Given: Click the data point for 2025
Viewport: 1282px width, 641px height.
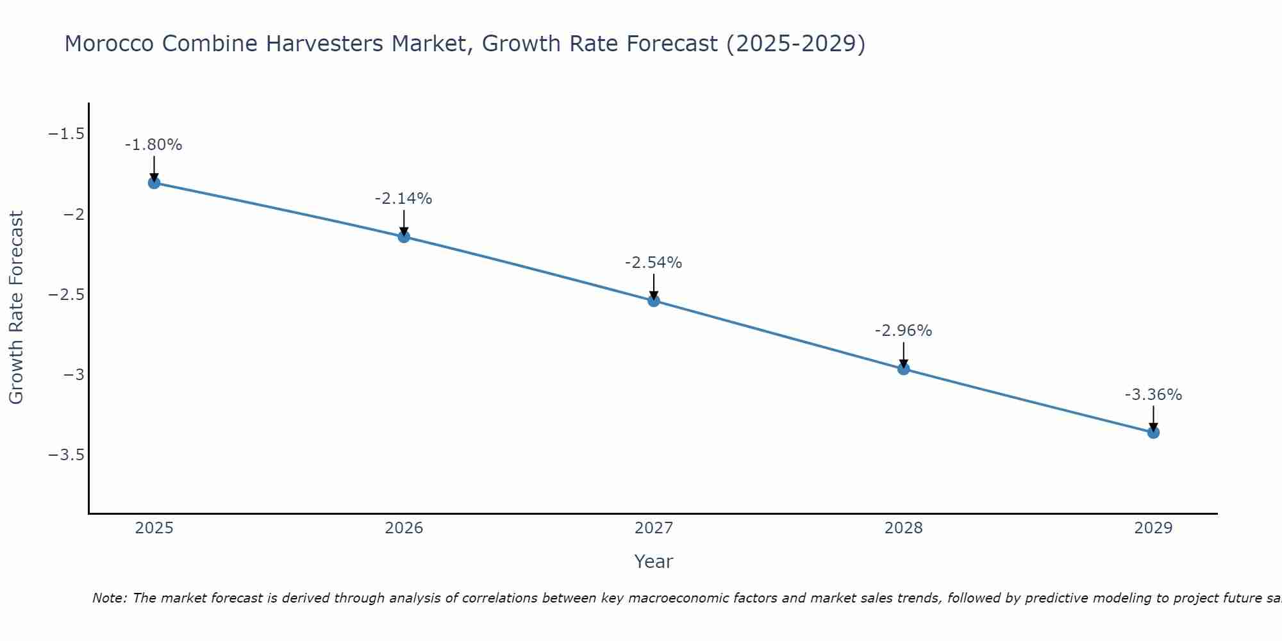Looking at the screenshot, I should [x=154, y=183].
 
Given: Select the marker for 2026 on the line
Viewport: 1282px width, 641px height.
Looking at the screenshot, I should [x=404, y=237].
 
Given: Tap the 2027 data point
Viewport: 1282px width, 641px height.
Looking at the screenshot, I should [x=654, y=301].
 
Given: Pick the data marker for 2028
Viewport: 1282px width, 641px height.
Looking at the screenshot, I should [x=904, y=369].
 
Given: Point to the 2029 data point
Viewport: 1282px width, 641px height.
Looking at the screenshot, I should [x=1153, y=433].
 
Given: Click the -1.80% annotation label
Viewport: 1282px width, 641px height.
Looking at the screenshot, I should [x=154, y=145].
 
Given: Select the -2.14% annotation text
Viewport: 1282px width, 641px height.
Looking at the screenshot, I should [x=404, y=199].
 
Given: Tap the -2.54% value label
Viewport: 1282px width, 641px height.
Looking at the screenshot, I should [x=654, y=263].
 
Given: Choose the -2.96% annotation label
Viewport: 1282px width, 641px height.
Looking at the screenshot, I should [x=904, y=331].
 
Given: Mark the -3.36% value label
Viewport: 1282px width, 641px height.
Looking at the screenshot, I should [x=1153, y=395].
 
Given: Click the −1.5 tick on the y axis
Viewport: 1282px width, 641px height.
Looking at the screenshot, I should [x=67, y=134].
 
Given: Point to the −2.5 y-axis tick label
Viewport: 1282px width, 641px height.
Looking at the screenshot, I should [x=67, y=294].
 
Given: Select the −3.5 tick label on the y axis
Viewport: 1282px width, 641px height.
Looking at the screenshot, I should [x=67, y=454].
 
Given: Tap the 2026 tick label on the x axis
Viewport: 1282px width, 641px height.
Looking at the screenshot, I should [x=404, y=528].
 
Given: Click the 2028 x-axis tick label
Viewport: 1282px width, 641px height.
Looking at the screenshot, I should [x=904, y=528].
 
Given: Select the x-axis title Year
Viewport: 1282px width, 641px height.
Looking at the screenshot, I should [x=653, y=562].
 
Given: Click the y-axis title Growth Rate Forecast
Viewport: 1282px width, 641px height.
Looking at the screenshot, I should [x=16, y=307].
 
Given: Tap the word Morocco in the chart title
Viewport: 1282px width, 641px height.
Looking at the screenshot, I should [x=108, y=44].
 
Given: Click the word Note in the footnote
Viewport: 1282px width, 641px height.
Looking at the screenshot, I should [x=109, y=598].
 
